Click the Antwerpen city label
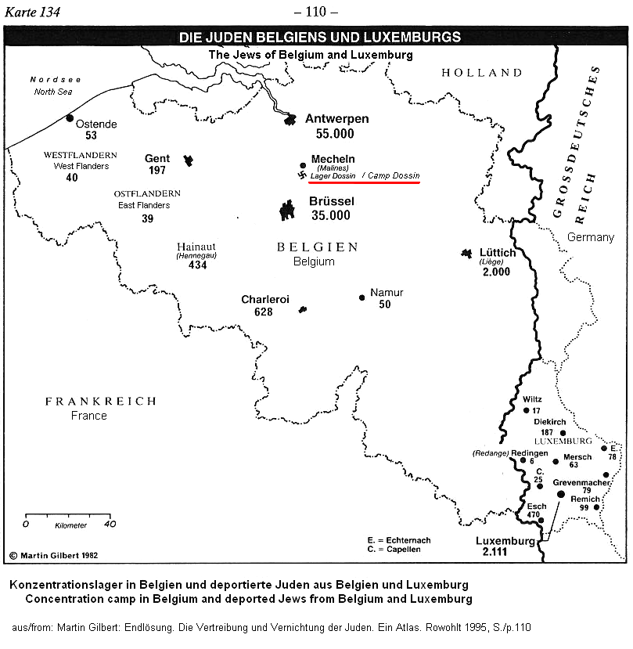coord(336,119)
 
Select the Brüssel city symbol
coord(288,210)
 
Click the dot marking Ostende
coord(70,118)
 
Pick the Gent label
coord(156,158)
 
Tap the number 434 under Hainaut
coord(197,265)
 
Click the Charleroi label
coord(265,300)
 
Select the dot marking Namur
coord(361,297)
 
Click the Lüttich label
coord(498,253)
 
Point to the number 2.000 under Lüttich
coord(495,272)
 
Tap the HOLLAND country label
coord(481,73)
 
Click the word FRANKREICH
coord(101,401)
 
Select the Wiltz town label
coord(532,398)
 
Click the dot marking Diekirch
coord(563,432)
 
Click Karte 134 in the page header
coord(34,12)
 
